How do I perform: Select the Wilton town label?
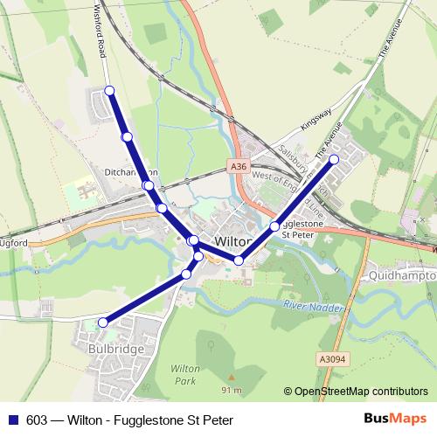point(232,241)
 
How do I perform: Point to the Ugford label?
point(15,242)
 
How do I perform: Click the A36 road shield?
point(240,166)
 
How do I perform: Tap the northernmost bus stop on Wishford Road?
point(110,91)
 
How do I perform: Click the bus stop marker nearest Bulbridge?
point(103,323)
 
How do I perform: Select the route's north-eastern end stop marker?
point(334,160)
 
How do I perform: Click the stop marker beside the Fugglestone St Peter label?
point(274,226)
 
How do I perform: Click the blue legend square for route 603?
point(13,420)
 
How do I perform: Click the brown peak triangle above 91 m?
point(232,379)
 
